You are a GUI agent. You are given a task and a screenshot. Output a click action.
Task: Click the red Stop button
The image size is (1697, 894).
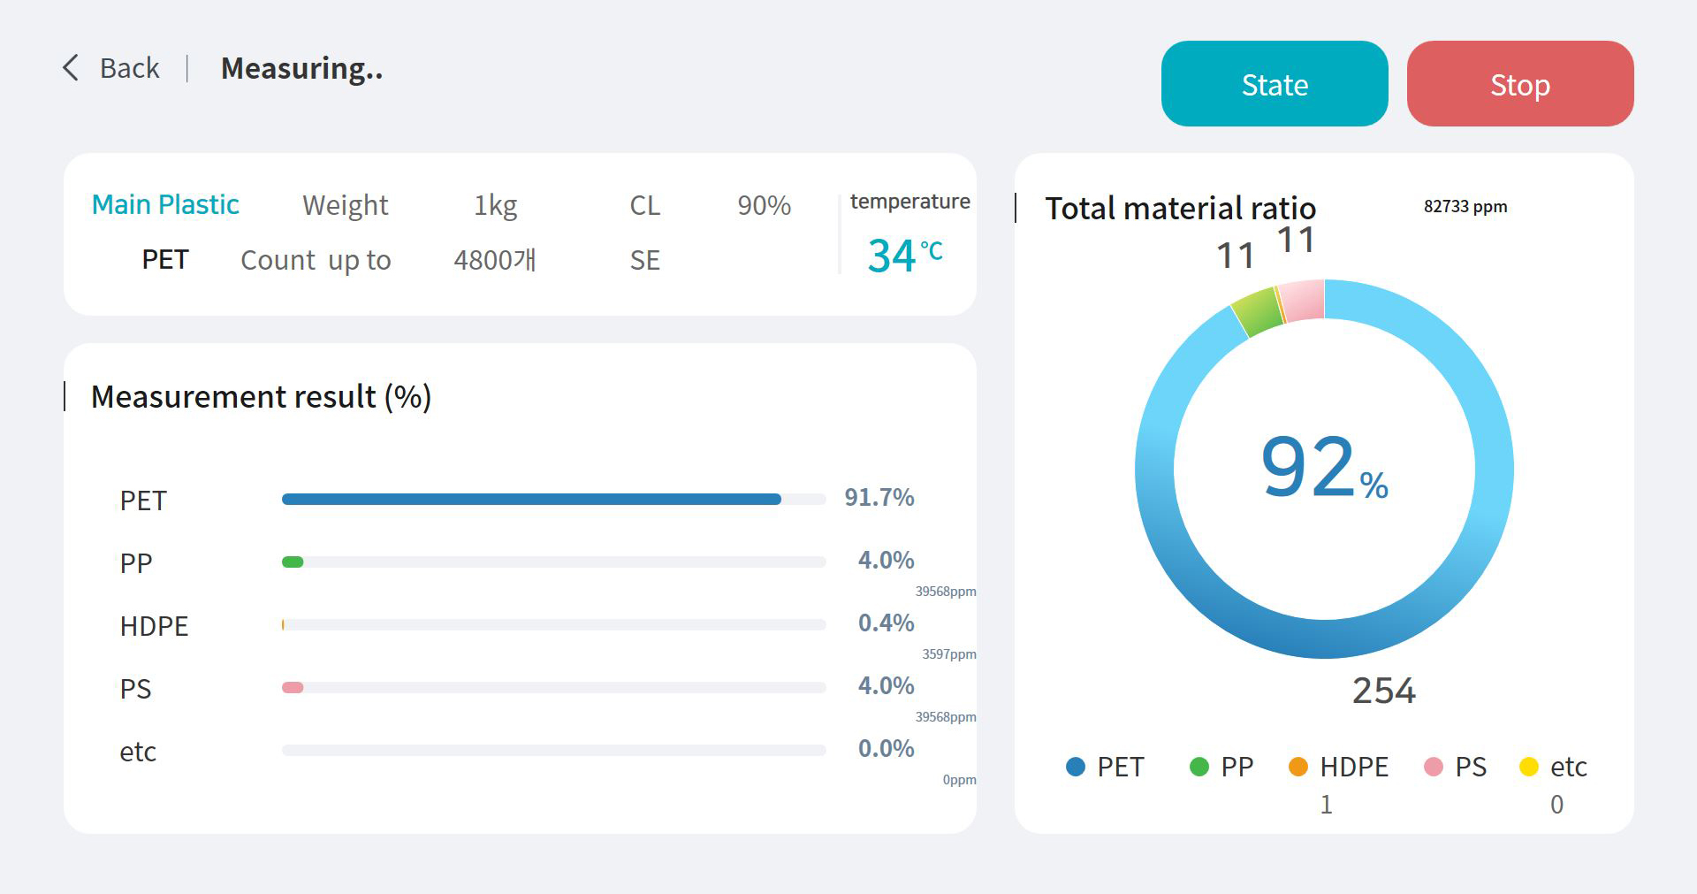pos(1519,84)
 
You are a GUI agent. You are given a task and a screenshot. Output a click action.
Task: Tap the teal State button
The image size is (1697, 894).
pos(1275,84)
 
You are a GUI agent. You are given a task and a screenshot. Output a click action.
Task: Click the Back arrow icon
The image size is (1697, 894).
pos(71,68)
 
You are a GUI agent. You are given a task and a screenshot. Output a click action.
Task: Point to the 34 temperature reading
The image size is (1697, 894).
pos(891,256)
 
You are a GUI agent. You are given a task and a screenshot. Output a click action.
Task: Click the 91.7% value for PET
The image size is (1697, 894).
pos(879,497)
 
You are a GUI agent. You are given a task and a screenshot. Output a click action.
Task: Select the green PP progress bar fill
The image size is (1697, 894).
pos(293,562)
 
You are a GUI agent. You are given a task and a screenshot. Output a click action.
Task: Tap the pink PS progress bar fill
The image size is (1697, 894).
pos(293,687)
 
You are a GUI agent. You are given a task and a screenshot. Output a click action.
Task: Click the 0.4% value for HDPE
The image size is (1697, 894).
pos(887,623)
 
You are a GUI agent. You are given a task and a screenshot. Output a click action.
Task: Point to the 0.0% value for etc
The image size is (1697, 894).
pos(887,748)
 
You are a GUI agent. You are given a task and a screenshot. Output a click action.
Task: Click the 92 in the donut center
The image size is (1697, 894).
pos(1307,466)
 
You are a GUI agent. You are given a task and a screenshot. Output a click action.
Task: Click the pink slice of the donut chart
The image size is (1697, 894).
pos(1302,301)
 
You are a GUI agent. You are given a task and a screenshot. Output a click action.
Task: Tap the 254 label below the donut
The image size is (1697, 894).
pos(1384,691)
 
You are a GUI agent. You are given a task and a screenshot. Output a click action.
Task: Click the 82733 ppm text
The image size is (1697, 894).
pos(1465,206)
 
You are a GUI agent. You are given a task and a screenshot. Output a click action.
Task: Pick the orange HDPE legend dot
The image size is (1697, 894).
pos(1298,767)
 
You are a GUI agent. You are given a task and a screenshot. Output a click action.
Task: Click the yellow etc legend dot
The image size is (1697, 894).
pos(1529,767)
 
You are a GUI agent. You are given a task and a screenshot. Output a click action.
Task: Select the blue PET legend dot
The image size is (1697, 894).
pos(1076,767)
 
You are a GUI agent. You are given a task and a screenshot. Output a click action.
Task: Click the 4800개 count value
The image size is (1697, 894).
pos(495,260)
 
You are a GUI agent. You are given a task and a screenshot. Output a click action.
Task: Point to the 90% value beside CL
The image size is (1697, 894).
pos(765,205)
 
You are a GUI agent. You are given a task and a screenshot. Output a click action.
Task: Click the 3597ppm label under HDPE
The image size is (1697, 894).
pos(949,654)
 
